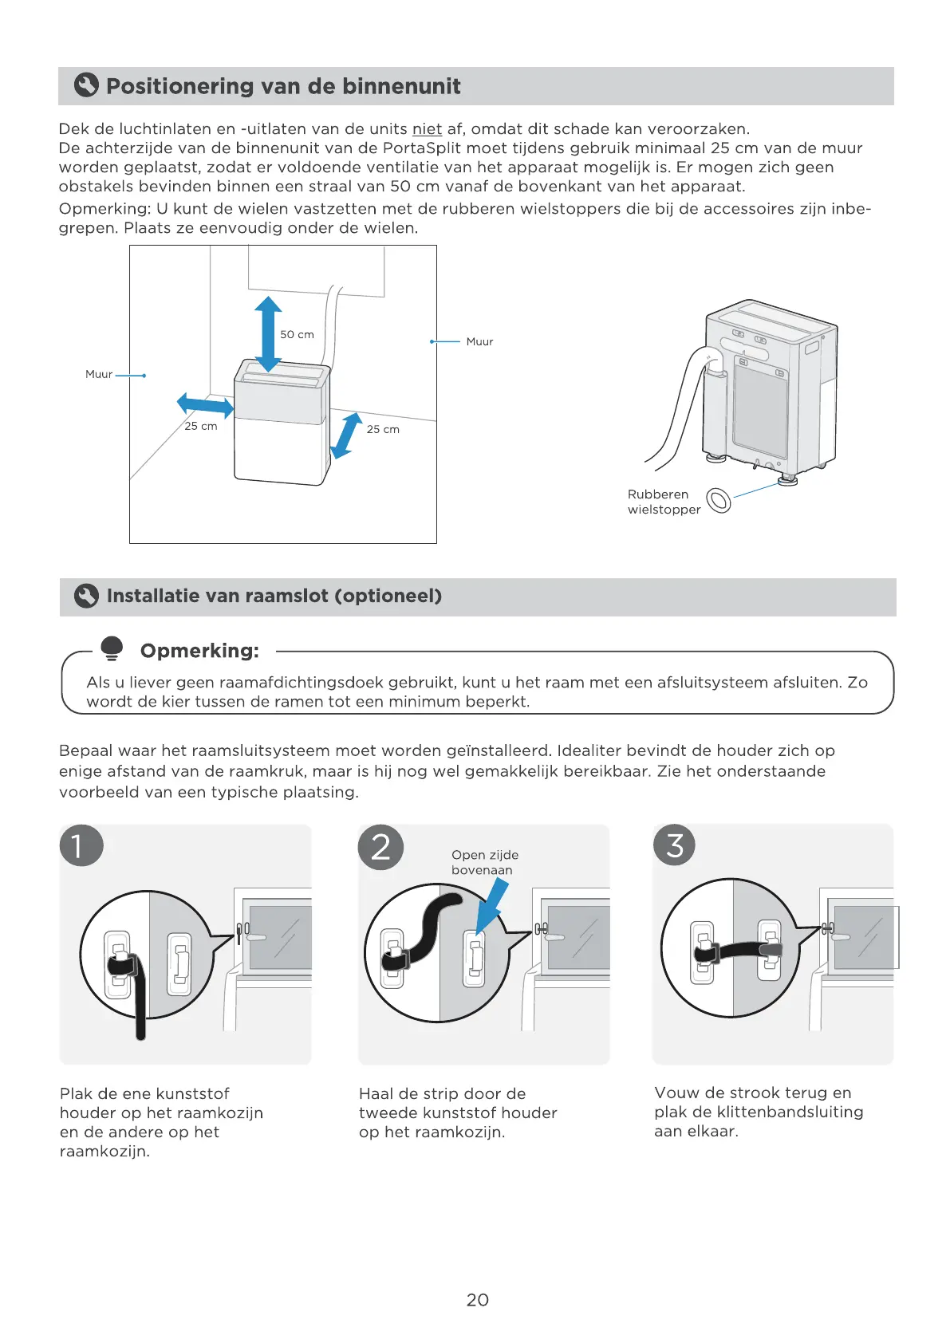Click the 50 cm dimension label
(x=297, y=335)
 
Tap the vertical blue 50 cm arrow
(x=268, y=334)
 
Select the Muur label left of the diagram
(x=99, y=374)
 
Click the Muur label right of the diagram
(x=479, y=341)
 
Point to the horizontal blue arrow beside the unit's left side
(x=205, y=405)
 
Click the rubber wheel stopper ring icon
(x=719, y=500)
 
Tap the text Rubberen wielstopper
(x=663, y=502)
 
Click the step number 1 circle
(x=81, y=845)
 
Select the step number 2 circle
(x=380, y=847)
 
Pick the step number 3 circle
(x=675, y=845)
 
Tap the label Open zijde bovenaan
(x=484, y=862)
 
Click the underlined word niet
(x=427, y=129)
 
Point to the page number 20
(x=477, y=1300)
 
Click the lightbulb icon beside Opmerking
(x=112, y=648)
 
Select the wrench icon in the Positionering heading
(x=86, y=85)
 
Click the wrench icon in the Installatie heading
(x=86, y=596)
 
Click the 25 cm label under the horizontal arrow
(x=201, y=427)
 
